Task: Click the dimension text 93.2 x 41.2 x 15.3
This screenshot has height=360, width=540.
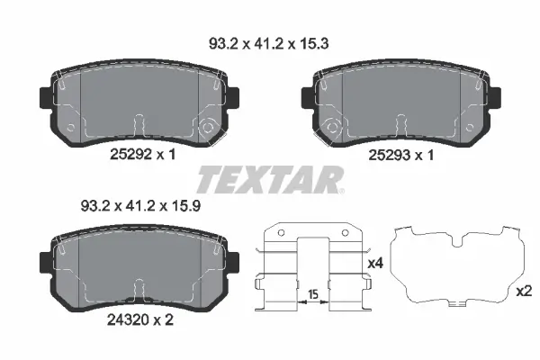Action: click(268, 44)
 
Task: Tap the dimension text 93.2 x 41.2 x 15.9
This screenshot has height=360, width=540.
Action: click(140, 206)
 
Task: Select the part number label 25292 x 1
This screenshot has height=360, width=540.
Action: click(142, 154)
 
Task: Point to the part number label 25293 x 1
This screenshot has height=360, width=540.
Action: click(401, 155)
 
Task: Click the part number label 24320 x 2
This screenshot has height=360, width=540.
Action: click(140, 320)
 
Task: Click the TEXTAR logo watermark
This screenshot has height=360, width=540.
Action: click(270, 180)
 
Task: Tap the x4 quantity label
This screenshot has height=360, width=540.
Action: click(375, 264)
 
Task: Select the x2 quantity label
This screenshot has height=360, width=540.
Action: click(524, 292)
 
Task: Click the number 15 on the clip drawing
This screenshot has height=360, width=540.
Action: click(312, 294)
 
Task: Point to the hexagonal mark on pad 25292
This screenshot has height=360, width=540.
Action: click(207, 128)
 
